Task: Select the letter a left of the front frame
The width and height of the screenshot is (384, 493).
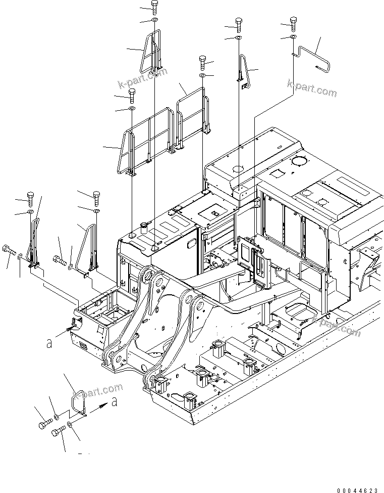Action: (49, 343)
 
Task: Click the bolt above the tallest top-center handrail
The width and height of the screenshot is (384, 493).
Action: (154, 7)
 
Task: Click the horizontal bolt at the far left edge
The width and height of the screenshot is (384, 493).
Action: (9, 249)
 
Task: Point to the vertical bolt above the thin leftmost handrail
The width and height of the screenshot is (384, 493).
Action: (30, 196)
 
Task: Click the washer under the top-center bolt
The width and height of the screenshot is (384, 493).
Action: (154, 21)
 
